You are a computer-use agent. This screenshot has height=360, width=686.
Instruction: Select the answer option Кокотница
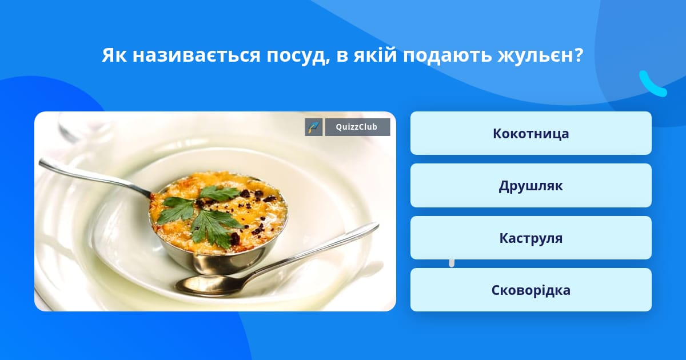click(x=531, y=133)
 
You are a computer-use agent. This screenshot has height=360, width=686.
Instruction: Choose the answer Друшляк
click(x=531, y=186)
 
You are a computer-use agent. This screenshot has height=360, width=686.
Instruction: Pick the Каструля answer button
click(x=531, y=238)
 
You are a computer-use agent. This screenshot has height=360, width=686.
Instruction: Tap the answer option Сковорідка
click(x=531, y=290)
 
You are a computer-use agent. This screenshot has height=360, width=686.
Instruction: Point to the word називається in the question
click(x=196, y=55)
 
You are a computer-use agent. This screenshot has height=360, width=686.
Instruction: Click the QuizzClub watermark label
click(x=357, y=127)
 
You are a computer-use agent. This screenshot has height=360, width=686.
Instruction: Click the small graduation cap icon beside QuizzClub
click(x=314, y=127)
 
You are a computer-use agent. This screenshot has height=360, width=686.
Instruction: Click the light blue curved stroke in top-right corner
click(x=652, y=85)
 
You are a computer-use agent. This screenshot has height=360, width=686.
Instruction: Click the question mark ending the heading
click(x=578, y=55)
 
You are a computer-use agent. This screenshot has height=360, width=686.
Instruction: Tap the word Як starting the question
click(x=114, y=55)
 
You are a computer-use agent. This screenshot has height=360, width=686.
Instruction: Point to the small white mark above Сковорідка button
click(x=452, y=263)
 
